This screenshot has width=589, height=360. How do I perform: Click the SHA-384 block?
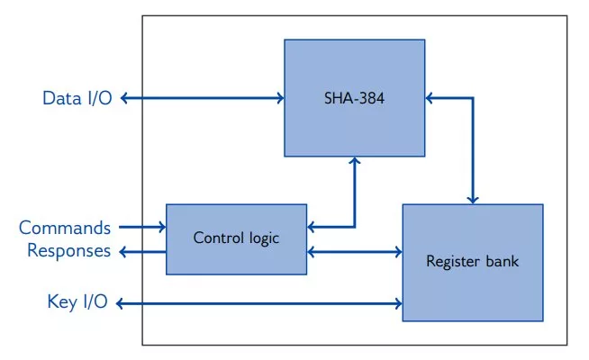coord(355,97)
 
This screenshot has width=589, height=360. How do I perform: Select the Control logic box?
coord(237,238)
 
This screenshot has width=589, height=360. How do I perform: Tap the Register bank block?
coord(472,262)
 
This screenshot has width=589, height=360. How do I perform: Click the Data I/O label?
coord(77,98)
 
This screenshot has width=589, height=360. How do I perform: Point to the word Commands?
coord(65,228)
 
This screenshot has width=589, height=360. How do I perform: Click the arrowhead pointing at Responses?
coord(122,251)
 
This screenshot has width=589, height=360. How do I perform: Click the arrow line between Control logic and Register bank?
coord(355,251)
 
